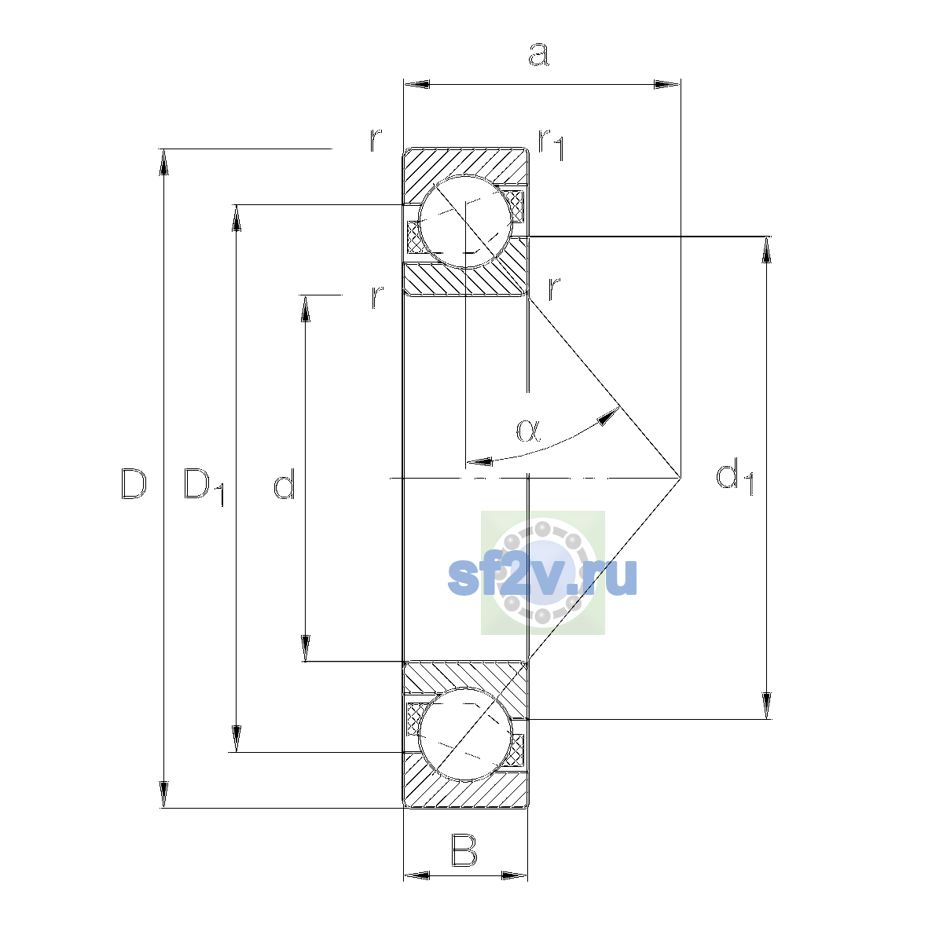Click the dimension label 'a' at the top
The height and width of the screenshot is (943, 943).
click(539, 54)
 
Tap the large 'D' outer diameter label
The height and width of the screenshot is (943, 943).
click(133, 483)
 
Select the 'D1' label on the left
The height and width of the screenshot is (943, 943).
click(204, 486)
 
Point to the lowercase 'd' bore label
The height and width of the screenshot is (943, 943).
click(284, 483)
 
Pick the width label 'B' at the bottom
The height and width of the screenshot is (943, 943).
click(464, 850)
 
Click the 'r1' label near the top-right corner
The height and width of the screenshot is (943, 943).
click(551, 145)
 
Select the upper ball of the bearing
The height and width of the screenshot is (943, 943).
click(465, 222)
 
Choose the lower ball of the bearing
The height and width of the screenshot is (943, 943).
click(465, 735)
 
